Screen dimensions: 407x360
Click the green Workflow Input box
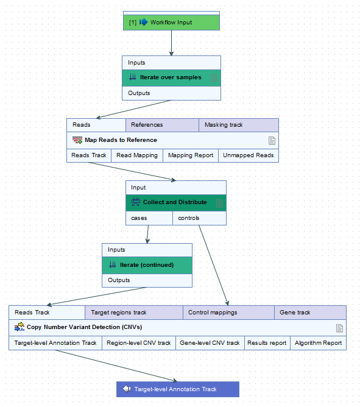point(171,23)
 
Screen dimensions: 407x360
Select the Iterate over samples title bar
point(171,77)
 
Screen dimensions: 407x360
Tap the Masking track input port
point(238,125)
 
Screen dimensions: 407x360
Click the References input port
point(161,125)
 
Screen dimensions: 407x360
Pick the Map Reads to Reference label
point(121,140)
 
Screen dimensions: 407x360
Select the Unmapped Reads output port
point(248,155)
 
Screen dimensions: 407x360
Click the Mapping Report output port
point(191,155)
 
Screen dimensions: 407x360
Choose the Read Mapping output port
point(137,155)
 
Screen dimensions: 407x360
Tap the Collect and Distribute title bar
point(175,202)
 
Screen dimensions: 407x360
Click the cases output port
point(149,218)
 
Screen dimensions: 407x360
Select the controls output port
point(199,218)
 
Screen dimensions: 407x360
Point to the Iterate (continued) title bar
point(147,265)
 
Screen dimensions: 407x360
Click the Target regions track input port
point(133,313)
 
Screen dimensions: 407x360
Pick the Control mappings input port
point(228,313)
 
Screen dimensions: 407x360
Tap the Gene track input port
point(310,313)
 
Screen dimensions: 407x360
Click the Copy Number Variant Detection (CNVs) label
point(84,327)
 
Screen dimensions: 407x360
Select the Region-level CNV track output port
point(139,343)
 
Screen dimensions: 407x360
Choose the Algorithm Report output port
point(318,343)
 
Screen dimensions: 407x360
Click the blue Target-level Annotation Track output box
point(177,389)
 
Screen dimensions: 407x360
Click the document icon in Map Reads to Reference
point(272,140)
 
